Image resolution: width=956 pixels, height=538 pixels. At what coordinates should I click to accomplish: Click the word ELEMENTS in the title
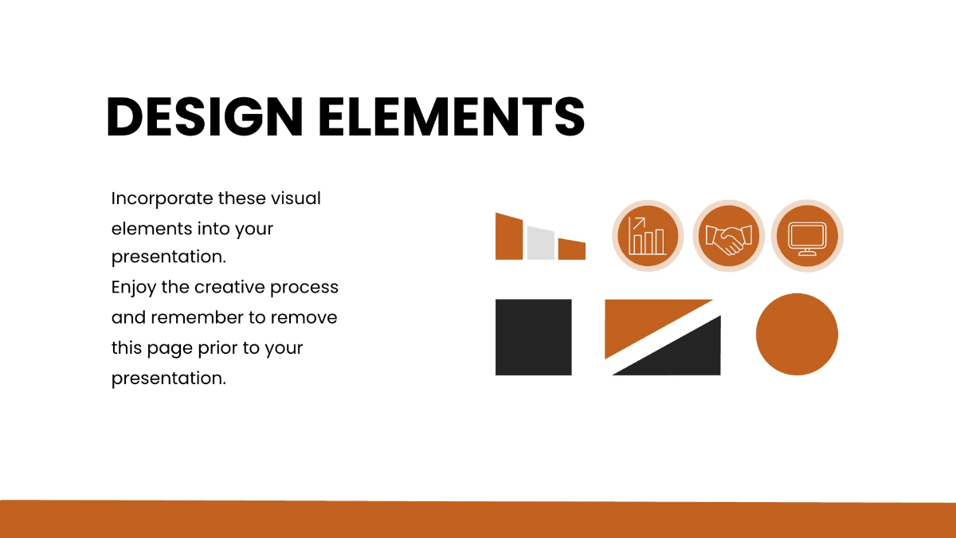pos(452,117)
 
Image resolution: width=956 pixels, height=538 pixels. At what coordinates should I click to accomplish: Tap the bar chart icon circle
pos(648,236)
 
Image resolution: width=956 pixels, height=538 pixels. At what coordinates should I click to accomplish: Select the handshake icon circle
pos(728,236)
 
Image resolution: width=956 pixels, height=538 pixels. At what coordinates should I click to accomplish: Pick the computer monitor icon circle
pos(807,236)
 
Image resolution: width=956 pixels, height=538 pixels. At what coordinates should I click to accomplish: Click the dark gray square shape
pos(533,337)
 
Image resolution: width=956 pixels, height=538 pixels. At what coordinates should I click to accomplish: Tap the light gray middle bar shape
pos(540,243)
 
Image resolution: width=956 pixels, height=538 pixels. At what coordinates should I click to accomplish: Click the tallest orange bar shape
pos(509,237)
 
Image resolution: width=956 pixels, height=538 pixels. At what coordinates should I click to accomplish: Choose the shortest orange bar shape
pos(571,249)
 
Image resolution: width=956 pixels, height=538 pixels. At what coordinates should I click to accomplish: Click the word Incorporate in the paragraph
pos(162,198)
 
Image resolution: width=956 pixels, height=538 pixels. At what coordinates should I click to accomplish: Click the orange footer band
pos(478,520)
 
